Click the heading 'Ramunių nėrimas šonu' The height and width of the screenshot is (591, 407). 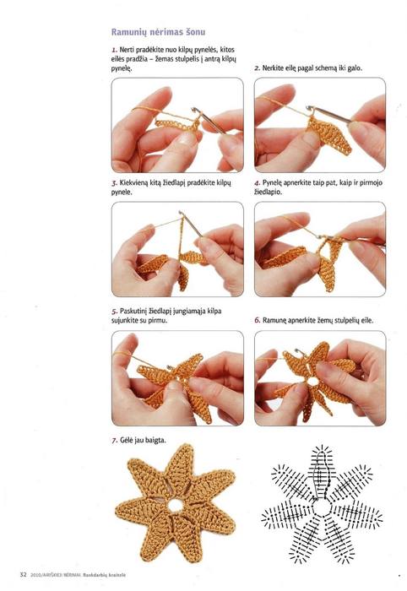click(158, 32)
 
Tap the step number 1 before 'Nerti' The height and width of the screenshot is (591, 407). click(114, 50)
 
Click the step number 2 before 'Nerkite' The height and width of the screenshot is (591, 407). click(257, 68)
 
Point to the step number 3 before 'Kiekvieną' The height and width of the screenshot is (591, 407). click(114, 183)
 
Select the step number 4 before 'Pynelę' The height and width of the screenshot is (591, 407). click(257, 183)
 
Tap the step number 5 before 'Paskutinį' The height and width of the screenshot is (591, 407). click(114, 312)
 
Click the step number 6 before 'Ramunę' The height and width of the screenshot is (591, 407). click(257, 320)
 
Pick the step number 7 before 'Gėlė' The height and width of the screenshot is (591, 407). click(114, 440)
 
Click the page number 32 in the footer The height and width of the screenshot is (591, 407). click(24, 575)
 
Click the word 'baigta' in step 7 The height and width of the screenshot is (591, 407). click(155, 440)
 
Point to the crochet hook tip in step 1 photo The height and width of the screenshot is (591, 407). click(195, 110)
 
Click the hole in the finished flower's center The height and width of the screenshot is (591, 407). click(175, 507)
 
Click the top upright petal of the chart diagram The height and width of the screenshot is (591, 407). click(322, 472)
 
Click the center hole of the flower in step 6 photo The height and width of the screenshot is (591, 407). click(312, 382)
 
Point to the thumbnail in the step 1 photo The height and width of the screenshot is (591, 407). click(187, 138)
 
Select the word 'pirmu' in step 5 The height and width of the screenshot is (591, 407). click(158, 321)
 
